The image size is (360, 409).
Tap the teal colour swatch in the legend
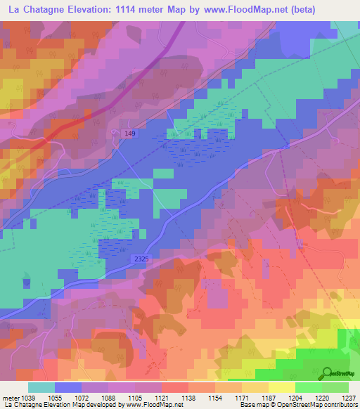[x=41, y=387]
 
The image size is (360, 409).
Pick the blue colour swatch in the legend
[x=68, y=387]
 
